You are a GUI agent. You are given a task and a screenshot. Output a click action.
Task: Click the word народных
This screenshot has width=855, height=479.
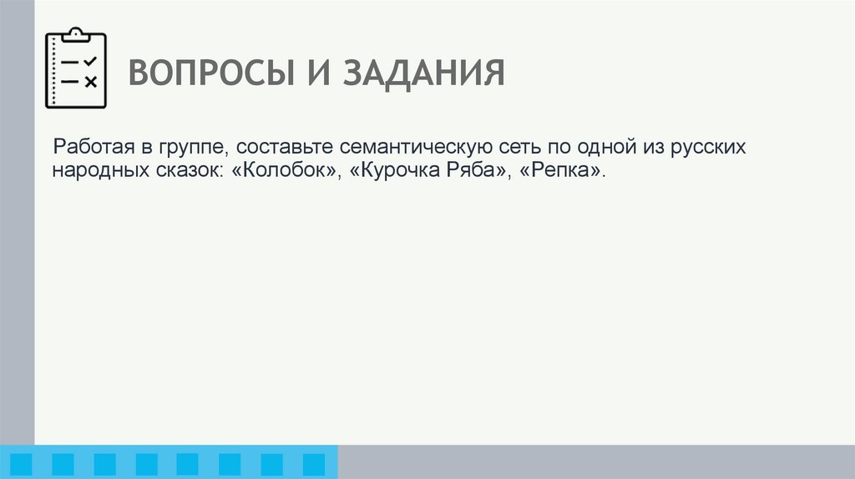(91, 172)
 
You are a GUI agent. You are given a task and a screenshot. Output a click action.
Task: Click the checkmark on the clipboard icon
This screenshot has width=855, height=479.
(90, 61)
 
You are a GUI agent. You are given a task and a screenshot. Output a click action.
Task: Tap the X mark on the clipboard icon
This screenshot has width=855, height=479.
(91, 81)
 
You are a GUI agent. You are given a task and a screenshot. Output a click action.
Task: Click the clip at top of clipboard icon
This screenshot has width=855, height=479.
(76, 34)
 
